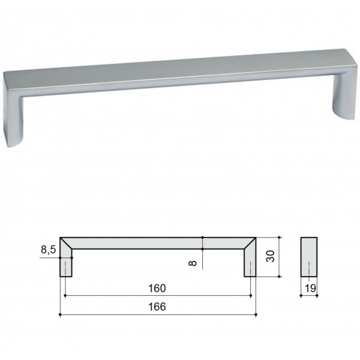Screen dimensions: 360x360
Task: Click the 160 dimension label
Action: pyautogui.click(x=157, y=289)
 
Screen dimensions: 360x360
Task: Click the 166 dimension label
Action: pyautogui.click(x=157, y=307)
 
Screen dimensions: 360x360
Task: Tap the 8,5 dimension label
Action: pyautogui.click(x=48, y=250)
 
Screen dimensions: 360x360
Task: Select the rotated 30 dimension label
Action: pyautogui.click(x=270, y=256)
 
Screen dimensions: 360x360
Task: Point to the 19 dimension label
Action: pyautogui.click(x=310, y=289)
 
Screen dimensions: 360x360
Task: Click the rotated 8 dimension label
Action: pyautogui.click(x=193, y=263)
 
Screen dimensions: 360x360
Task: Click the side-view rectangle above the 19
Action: pyautogui.click(x=309, y=257)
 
